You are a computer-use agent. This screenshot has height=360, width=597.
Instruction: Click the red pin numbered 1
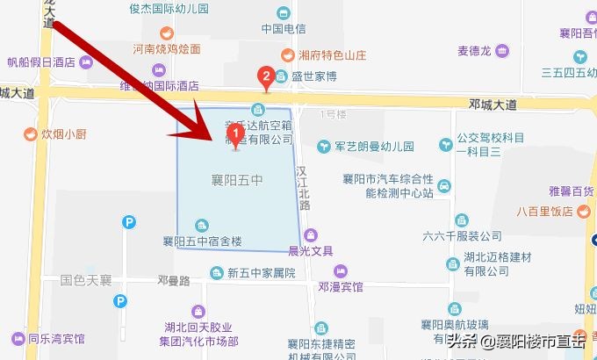pos(234,134)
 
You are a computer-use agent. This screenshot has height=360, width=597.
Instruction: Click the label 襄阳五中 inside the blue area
pos(237,182)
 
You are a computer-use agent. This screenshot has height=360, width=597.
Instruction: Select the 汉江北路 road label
pos(303,187)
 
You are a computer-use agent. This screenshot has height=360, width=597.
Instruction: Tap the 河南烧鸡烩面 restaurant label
pos(167,49)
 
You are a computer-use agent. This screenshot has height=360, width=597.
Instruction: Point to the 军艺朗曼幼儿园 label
pos(377,146)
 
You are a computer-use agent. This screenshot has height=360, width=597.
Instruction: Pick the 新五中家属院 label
pos(260,273)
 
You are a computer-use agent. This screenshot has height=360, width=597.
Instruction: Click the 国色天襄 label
pos(86,281)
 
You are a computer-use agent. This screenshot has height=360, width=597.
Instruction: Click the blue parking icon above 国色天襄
pos(129,223)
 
